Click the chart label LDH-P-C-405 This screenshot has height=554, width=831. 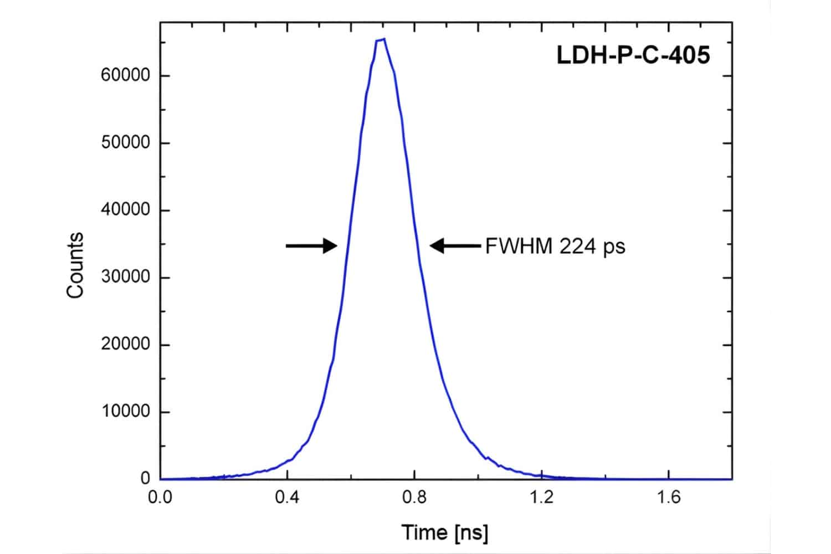click(633, 56)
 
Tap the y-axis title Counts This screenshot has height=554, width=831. click(75, 265)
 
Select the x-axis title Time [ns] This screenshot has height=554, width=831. click(445, 532)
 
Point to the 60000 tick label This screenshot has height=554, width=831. click(126, 75)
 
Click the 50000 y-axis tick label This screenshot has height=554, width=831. click(126, 143)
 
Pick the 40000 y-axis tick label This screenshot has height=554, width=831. click(126, 210)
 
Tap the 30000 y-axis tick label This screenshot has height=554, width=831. click(126, 277)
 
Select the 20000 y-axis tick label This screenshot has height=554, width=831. click(126, 345)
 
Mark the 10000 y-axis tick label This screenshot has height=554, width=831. click(126, 412)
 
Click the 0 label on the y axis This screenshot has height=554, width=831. click(145, 478)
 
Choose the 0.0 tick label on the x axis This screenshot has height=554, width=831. click(160, 497)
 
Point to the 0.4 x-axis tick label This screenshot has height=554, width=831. click(287, 497)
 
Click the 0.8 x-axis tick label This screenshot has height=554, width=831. click(414, 497)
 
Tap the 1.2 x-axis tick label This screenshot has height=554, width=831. click(541, 497)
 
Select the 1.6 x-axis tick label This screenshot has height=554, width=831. click(669, 497)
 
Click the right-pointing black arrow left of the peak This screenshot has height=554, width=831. click(311, 245)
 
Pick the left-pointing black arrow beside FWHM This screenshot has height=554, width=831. click(455, 245)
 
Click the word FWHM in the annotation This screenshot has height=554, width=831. click(519, 246)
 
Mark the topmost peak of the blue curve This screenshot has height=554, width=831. click(383, 39)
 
